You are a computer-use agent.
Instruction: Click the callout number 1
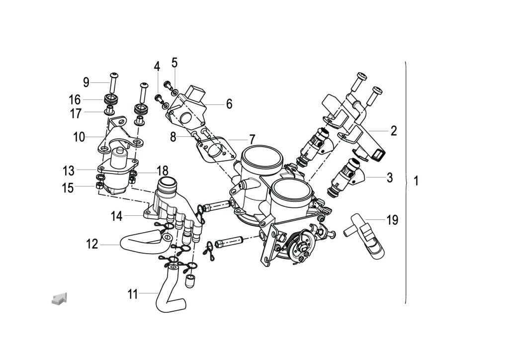coord(416,181)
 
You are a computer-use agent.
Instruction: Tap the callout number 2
coord(394,131)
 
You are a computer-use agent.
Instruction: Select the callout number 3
coord(390,178)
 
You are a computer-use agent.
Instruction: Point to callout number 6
coord(229,104)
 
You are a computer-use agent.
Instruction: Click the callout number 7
coord(252,139)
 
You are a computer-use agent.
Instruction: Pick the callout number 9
coord(86,82)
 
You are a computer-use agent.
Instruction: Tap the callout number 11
coord(132,294)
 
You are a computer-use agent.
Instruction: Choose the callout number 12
coord(92,244)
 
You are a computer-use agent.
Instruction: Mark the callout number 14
coord(116,216)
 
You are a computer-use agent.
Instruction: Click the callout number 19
coord(392,220)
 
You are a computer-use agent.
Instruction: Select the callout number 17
coord(76,113)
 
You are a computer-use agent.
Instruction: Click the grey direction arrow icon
coord(59,299)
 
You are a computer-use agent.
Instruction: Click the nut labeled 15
coord(99,186)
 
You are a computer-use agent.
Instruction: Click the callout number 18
coord(163,171)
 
